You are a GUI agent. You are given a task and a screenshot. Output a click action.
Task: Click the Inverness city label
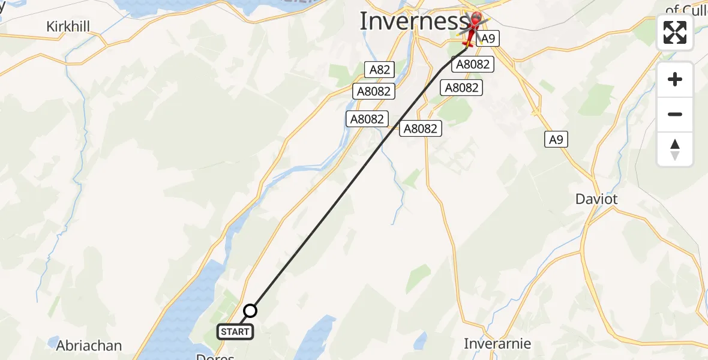(413, 22)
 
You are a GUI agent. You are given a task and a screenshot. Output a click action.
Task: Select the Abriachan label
(89, 346)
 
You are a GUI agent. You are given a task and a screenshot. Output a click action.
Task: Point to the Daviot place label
(596, 199)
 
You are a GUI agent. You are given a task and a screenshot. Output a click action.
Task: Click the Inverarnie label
(497, 344)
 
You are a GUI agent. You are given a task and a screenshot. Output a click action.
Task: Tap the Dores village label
(215, 356)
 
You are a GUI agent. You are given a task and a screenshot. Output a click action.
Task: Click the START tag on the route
(235, 332)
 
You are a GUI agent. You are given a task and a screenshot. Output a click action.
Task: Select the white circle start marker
(250, 311)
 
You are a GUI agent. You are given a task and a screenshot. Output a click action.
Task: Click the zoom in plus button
(675, 80)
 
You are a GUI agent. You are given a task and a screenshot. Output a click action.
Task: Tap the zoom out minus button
(675, 115)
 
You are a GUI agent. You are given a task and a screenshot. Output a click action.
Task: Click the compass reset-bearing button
(675, 149)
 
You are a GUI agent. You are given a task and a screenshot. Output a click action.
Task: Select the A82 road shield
(380, 70)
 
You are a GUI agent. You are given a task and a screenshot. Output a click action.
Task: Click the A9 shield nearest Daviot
(556, 140)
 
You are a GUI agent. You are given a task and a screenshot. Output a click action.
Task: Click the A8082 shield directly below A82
(374, 91)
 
